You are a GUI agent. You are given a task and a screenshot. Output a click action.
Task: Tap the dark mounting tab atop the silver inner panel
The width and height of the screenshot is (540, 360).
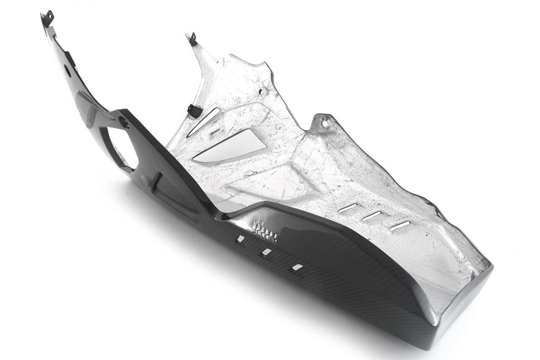(x=190, y=37)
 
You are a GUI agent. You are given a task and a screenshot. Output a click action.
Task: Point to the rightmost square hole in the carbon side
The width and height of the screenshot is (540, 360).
(x=298, y=267)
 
